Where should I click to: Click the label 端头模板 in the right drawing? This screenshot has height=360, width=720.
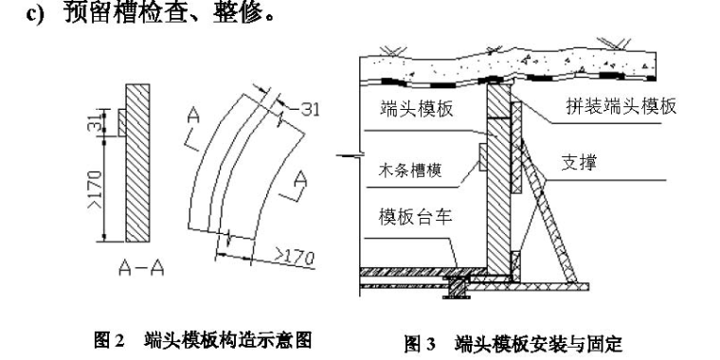click(x=417, y=108)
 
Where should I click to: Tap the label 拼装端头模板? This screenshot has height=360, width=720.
click(x=621, y=106)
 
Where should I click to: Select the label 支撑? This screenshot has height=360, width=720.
click(x=579, y=163)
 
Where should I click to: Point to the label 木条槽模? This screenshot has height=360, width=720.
click(x=410, y=171)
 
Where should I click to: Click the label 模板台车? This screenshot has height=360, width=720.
click(x=416, y=216)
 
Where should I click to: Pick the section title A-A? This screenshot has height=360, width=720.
click(x=141, y=267)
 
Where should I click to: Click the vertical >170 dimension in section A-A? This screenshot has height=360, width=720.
click(x=95, y=189)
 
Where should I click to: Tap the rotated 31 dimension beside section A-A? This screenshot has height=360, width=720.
click(x=95, y=120)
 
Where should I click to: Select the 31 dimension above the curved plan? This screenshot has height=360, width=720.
click(x=310, y=110)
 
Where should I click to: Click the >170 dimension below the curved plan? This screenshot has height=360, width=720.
click(x=295, y=256)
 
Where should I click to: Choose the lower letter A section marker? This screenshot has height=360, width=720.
click(x=300, y=179)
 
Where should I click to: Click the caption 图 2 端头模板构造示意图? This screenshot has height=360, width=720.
click(x=203, y=340)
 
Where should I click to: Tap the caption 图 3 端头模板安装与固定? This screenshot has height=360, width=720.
click(x=513, y=344)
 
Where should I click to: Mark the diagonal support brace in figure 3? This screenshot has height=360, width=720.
click(x=549, y=211)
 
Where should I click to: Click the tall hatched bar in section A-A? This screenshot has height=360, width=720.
click(x=137, y=163)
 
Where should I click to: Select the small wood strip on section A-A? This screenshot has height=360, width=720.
click(x=121, y=122)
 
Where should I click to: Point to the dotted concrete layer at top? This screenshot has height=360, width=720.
click(x=508, y=64)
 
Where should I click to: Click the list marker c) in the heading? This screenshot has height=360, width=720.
click(x=35, y=12)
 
